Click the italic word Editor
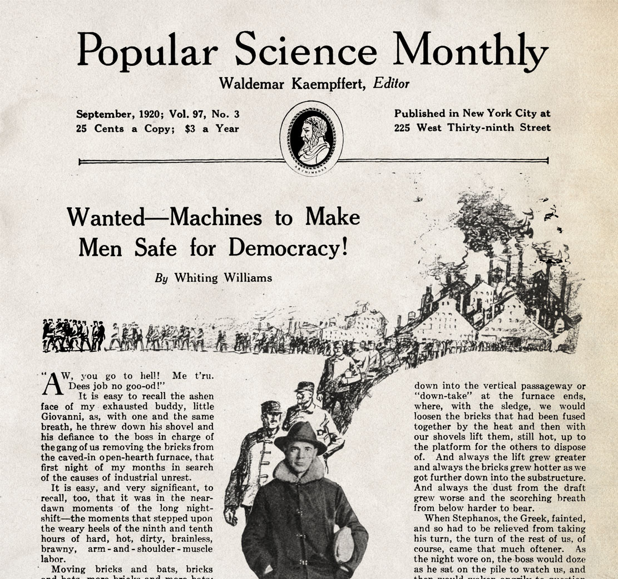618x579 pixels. point(391,83)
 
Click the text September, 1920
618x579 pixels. point(111,114)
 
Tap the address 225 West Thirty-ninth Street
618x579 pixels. point(472,127)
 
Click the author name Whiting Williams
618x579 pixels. point(223,277)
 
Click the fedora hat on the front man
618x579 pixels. point(300,435)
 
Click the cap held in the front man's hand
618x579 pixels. point(343,544)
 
